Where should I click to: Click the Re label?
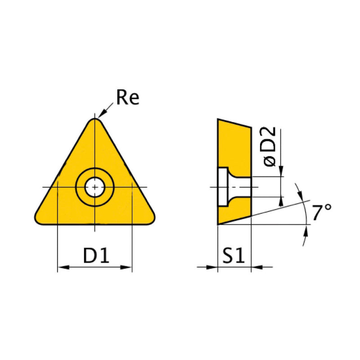click(x=128, y=98)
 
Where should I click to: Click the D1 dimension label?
click(x=96, y=256)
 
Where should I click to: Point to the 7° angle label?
click(x=322, y=212)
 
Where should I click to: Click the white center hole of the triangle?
click(x=94, y=186)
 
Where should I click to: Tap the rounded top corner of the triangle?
click(x=95, y=120)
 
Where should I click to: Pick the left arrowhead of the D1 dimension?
click(x=62, y=268)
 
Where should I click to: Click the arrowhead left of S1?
click(x=213, y=268)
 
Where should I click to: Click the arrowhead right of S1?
click(x=255, y=268)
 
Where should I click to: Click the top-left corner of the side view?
click(x=218, y=120)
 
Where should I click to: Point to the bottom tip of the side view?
click(x=219, y=224)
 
